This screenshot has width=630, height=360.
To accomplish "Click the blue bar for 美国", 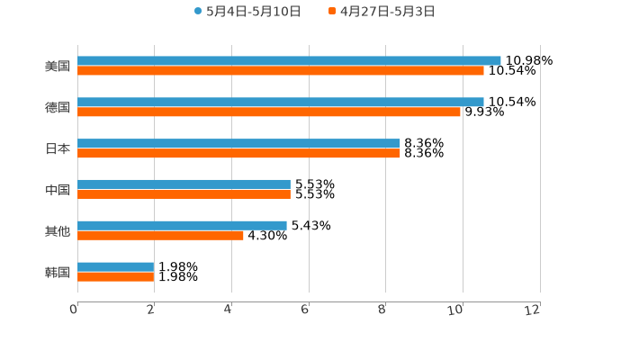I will [289, 60].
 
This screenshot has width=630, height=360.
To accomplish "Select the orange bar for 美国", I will [280, 70].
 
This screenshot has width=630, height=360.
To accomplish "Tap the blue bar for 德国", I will [280, 102].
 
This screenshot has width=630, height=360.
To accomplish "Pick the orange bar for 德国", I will [269, 112].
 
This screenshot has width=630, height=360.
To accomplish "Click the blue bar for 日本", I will [238, 143].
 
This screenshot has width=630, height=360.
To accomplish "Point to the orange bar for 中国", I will [184, 193].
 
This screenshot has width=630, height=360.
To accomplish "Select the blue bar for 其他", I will [182, 225].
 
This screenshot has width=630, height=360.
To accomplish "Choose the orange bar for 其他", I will [160, 235].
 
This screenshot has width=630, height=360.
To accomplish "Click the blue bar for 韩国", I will [116, 266].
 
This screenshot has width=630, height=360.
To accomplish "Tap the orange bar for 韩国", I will [116, 276].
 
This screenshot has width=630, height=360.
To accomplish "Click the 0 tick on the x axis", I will [74, 310].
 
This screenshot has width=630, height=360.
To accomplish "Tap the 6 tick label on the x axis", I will [305, 310].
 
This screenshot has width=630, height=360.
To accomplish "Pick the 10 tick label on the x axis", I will [456, 310].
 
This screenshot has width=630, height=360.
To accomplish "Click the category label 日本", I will [58, 148].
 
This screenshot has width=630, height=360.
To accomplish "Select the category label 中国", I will [58, 190].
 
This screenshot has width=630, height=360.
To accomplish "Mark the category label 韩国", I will [58, 272].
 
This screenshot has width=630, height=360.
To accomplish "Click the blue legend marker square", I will [198, 12].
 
